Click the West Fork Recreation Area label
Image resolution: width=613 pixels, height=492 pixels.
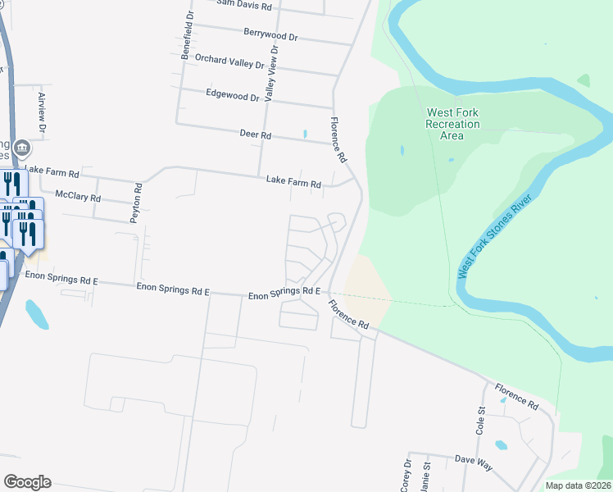[452, 124]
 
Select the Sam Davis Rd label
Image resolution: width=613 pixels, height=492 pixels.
[244, 4]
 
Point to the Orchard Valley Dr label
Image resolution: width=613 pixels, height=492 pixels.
[229, 61]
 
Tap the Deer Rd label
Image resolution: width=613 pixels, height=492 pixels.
[255, 134]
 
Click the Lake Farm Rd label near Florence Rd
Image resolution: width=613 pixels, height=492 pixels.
[293, 182]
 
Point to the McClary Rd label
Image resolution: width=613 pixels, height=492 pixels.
[77, 197]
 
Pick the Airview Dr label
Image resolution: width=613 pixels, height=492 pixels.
[42, 112]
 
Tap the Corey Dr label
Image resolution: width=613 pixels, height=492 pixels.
[406, 476]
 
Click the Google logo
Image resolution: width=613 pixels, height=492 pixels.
[27, 482]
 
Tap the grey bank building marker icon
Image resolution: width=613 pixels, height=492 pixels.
[22, 149]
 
